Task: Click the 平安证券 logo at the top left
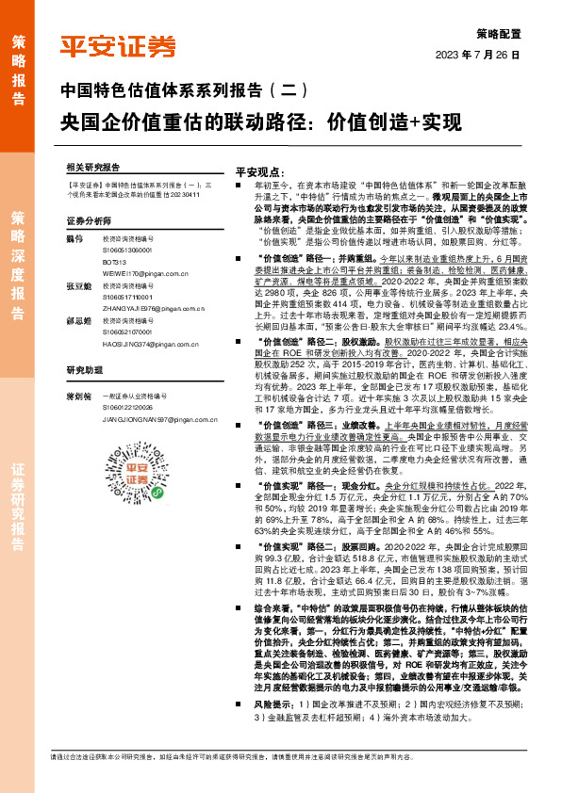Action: pos(117,46)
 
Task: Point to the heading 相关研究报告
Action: pos(93,165)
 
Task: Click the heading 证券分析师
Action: pos(89,219)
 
